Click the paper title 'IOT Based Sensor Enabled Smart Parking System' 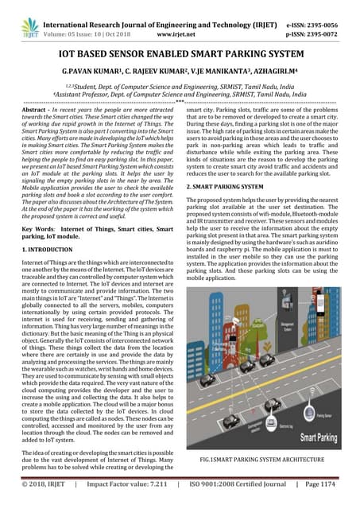(180, 52)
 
